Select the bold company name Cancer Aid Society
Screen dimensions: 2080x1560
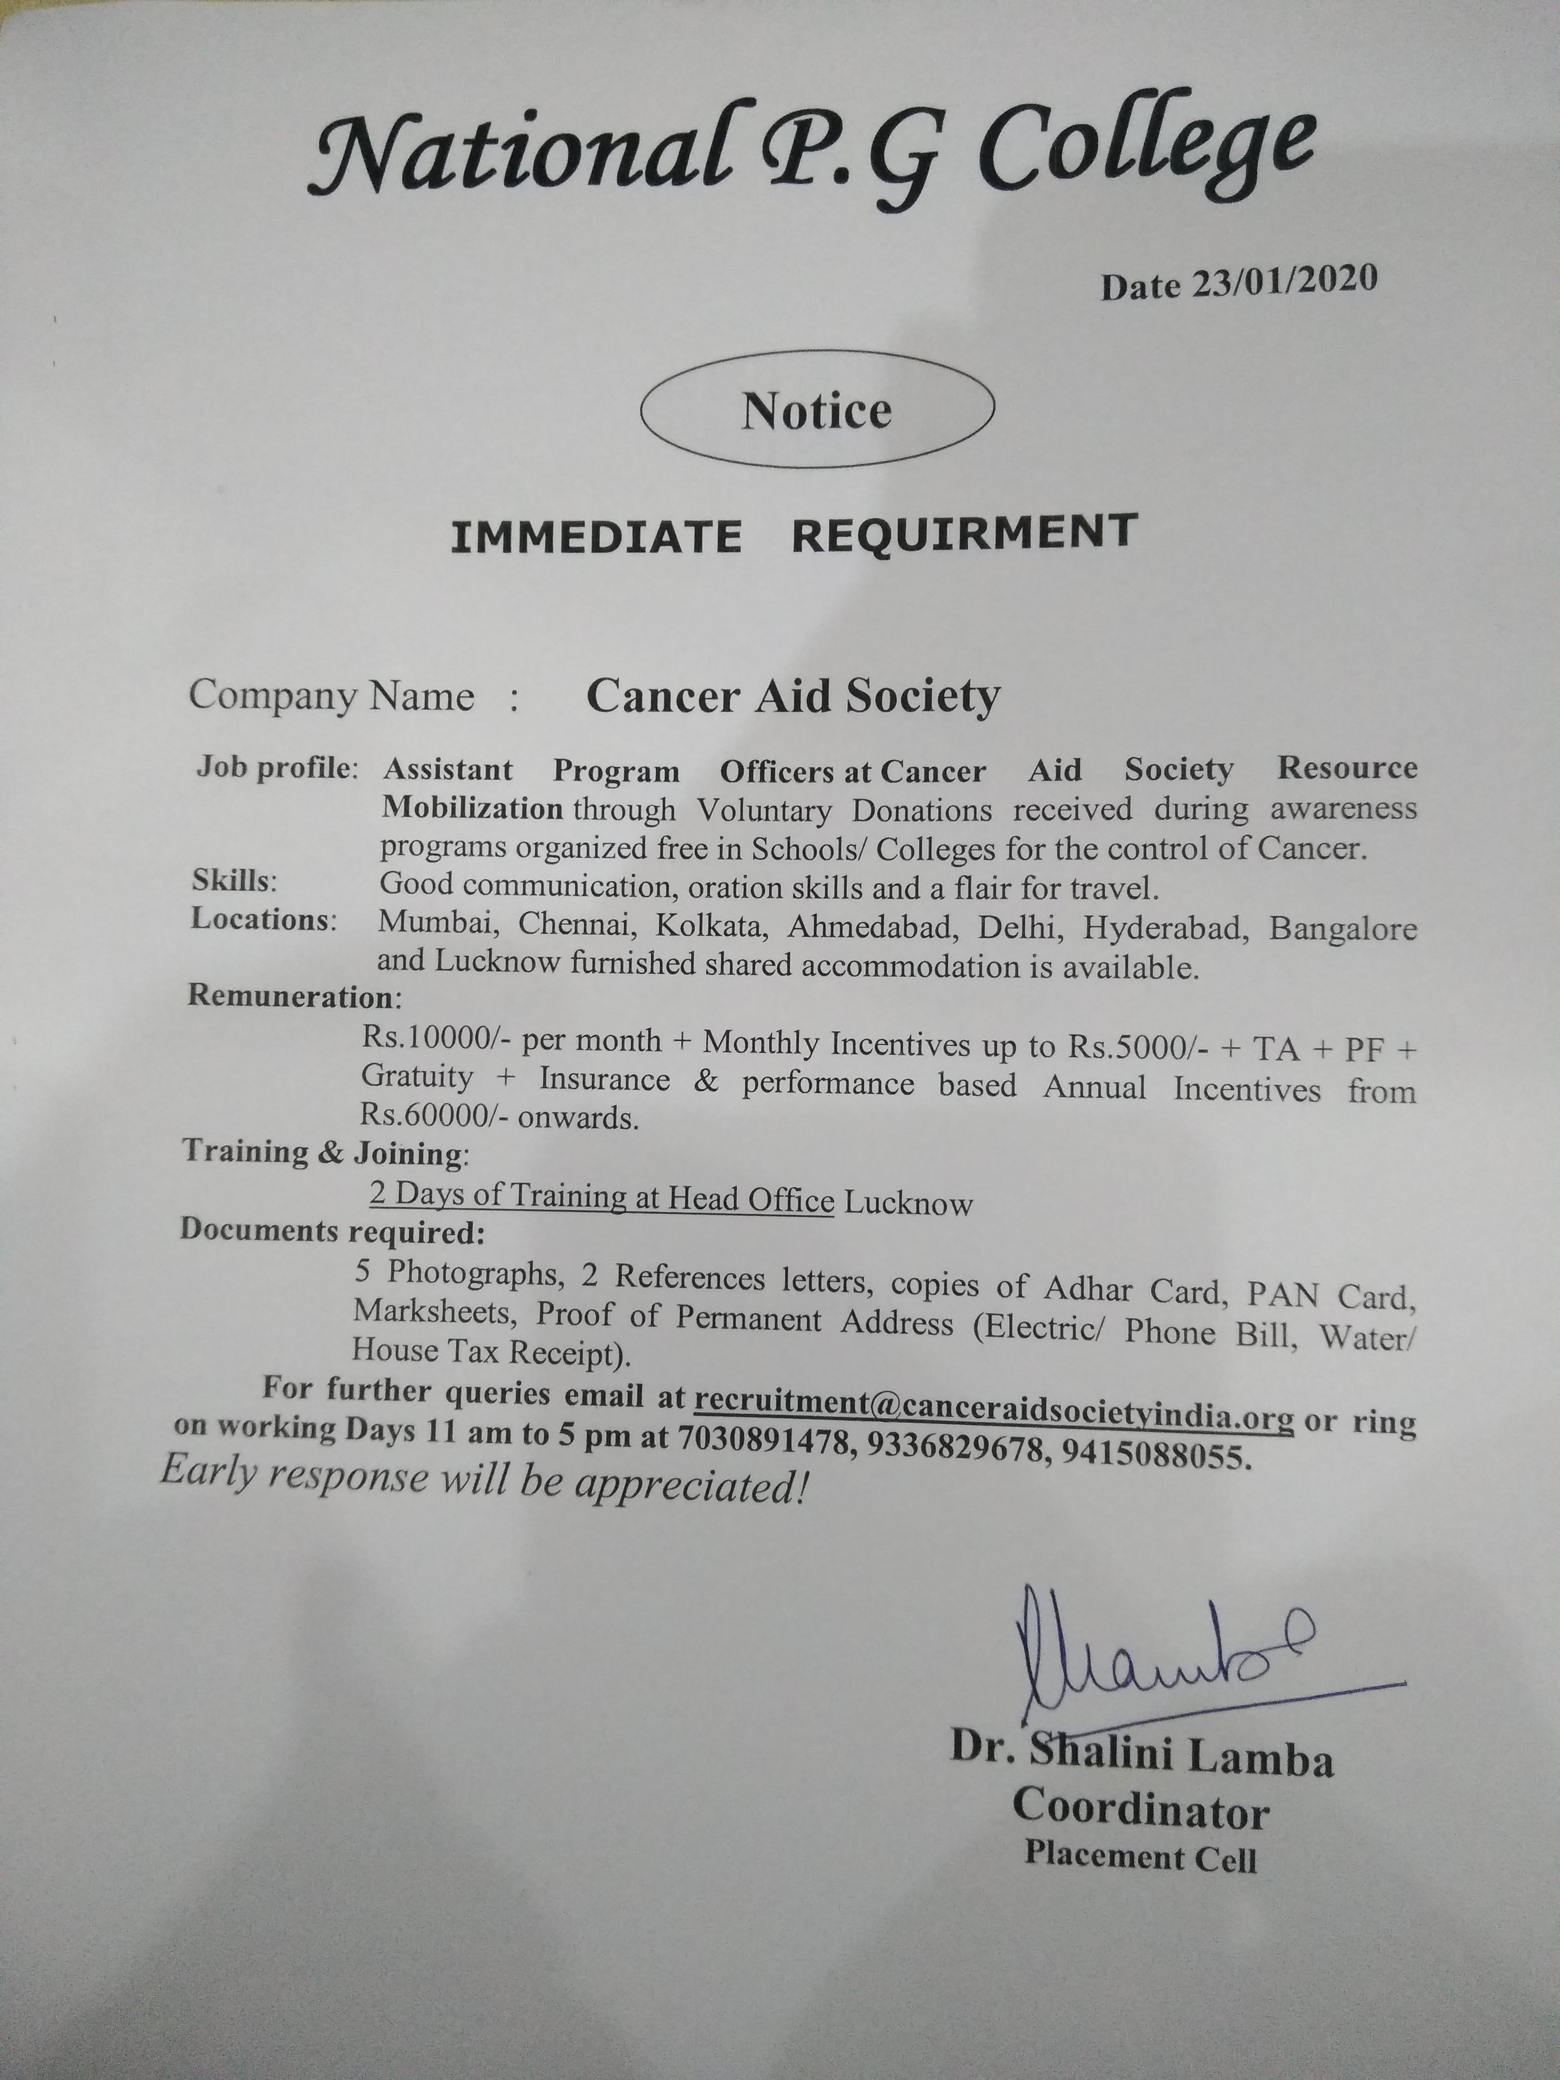tap(792, 697)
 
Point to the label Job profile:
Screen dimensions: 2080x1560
tap(277, 768)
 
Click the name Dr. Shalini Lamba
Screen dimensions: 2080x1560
tap(1141, 1757)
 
